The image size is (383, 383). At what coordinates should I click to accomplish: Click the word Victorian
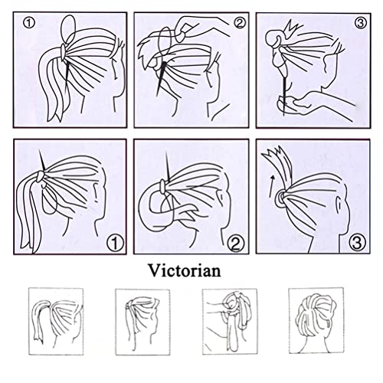[x=185, y=270]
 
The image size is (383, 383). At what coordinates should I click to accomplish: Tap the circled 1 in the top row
[x=28, y=23]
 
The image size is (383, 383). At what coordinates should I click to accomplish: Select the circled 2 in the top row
[x=240, y=23]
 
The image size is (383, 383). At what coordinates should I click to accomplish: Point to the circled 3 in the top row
[x=361, y=23]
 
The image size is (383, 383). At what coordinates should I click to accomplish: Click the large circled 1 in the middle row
[x=115, y=244]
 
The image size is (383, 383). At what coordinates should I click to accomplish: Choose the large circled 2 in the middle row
[x=235, y=244]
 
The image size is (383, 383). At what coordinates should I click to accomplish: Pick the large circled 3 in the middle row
[x=357, y=244]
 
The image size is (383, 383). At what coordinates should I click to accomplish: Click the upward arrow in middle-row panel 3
[x=271, y=185]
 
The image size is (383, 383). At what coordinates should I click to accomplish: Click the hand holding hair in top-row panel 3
[x=314, y=103]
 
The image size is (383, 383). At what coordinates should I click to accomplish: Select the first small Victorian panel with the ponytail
[x=56, y=321]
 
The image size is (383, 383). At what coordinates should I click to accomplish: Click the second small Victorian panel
[x=142, y=322]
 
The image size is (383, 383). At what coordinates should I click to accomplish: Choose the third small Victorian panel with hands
[x=230, y=322]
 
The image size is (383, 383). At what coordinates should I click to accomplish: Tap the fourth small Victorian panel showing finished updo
[x=316, y=321]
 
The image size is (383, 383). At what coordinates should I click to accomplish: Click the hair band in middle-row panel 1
[x=41, y=175]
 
